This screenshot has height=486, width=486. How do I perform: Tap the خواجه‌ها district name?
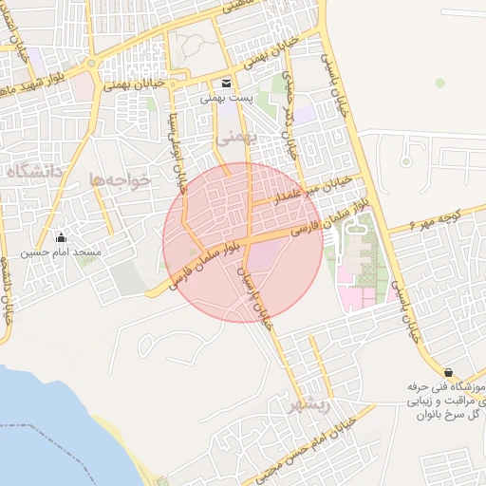pos(121,178)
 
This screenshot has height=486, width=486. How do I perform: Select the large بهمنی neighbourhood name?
pos(236,138)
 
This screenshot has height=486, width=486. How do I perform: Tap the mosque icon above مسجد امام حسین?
pos(63,236)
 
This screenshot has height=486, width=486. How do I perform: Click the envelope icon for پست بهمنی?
pos(226,82)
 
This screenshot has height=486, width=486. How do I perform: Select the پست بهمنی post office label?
pos(226,97)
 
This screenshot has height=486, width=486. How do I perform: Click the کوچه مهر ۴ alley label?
pos(439,216)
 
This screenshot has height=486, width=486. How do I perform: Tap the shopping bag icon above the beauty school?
pos(448,373)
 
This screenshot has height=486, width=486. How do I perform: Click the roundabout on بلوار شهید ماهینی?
pos(91,64)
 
